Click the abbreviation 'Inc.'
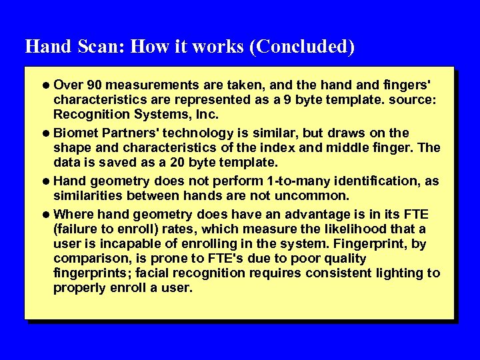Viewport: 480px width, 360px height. (207, 115)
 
